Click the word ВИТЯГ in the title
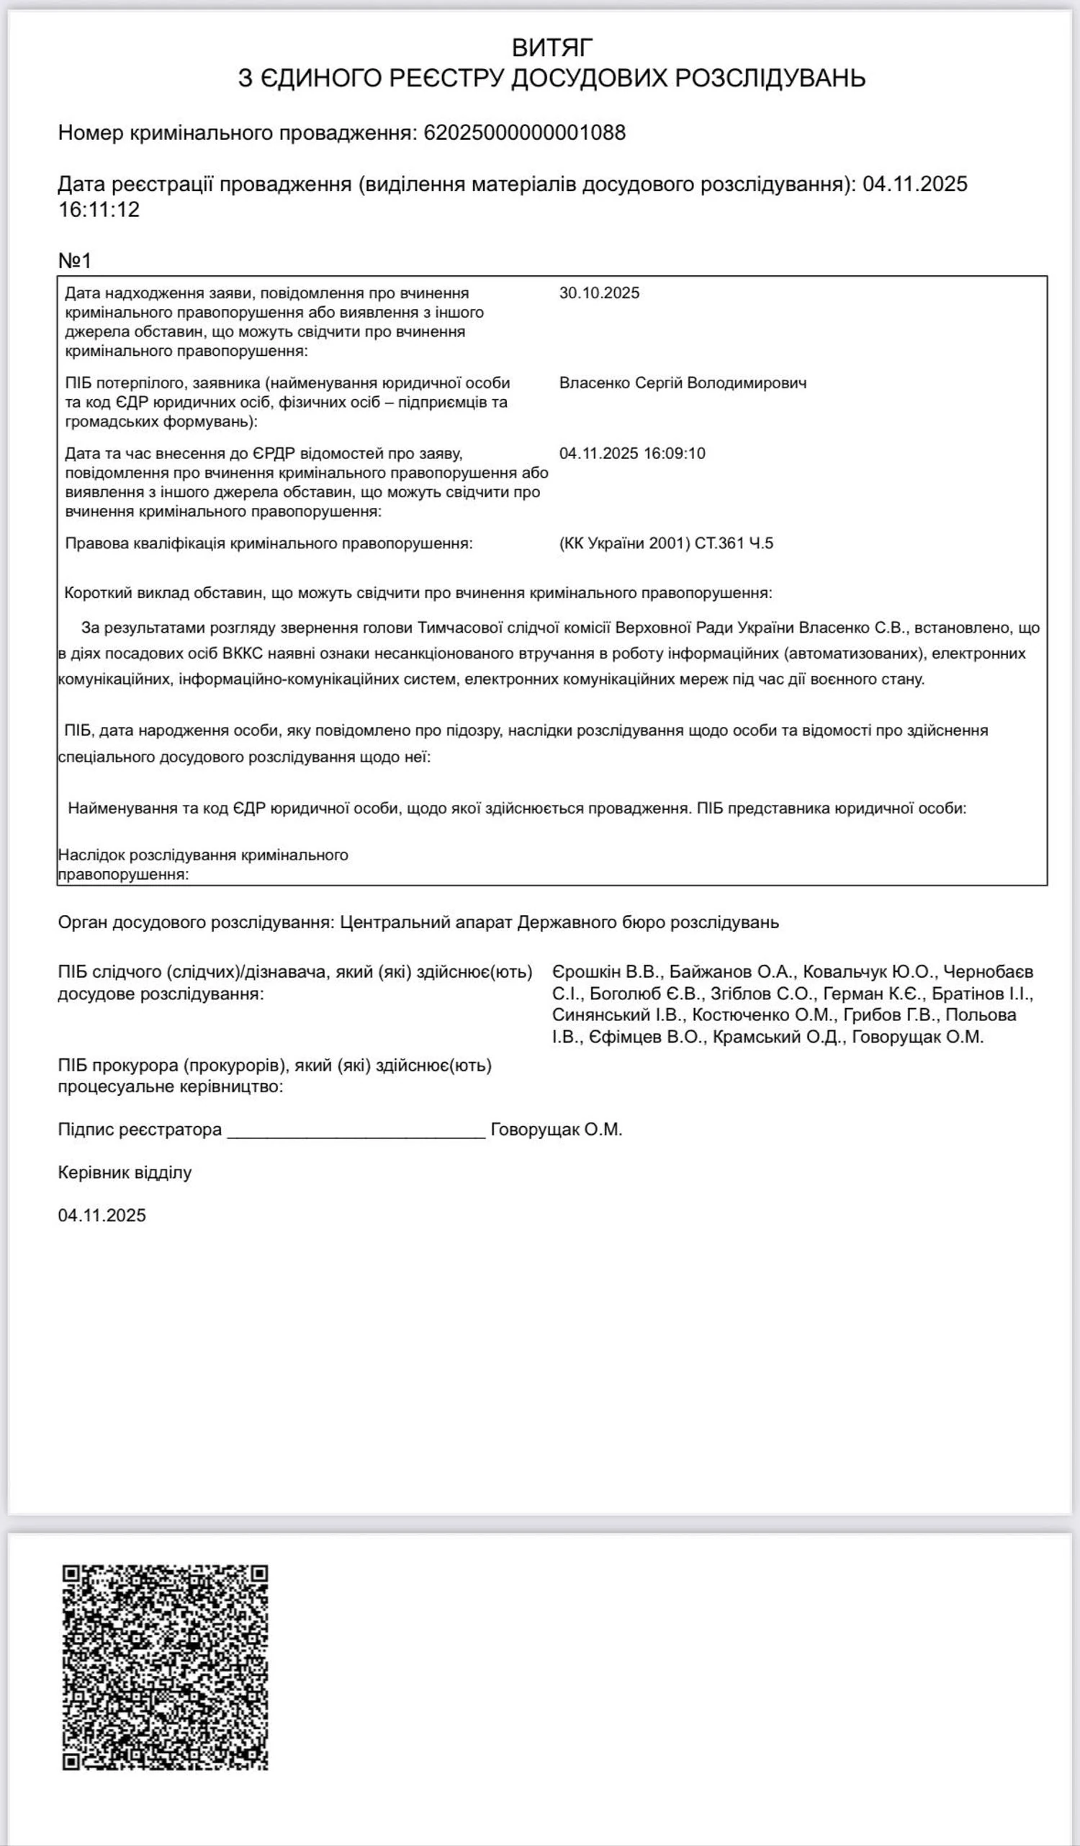552,48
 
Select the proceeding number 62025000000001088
524,133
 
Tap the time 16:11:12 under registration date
99,210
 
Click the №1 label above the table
75,261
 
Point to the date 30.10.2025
599,293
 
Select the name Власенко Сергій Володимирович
683,383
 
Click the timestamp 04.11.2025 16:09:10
632,453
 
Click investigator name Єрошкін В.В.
606,972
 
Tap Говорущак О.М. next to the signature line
556,1130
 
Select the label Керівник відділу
125,1173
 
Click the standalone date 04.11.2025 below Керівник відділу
102,1216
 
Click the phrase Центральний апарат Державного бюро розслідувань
559,922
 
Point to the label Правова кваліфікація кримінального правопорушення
269,543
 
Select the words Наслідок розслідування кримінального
203,855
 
